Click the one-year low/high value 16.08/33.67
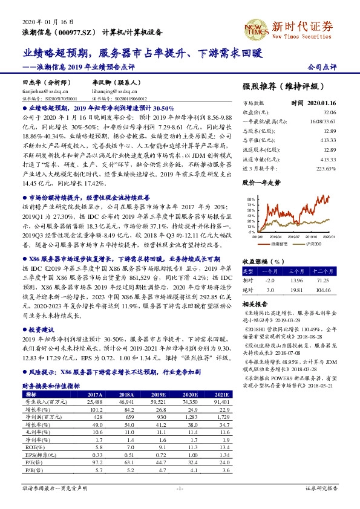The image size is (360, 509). (322, 122)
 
